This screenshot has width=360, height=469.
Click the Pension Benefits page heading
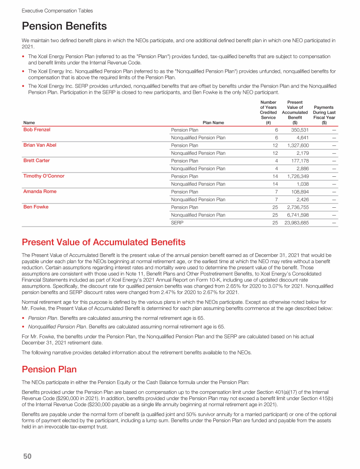[64, 26]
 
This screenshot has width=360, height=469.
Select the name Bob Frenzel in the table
[37, 129]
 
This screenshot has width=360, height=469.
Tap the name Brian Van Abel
[40, 145]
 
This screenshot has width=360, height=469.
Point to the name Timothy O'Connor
[44, 176]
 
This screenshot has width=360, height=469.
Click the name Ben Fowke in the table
[36, 207]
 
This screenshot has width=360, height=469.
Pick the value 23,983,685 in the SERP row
[296, 223]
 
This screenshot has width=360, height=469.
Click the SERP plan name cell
[177, 223]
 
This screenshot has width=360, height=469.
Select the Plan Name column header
[213, 123]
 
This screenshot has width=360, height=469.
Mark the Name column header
[29, 123]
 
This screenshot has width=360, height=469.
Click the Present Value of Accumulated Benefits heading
[104, 242]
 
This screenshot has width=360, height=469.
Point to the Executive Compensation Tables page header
[57, 10]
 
